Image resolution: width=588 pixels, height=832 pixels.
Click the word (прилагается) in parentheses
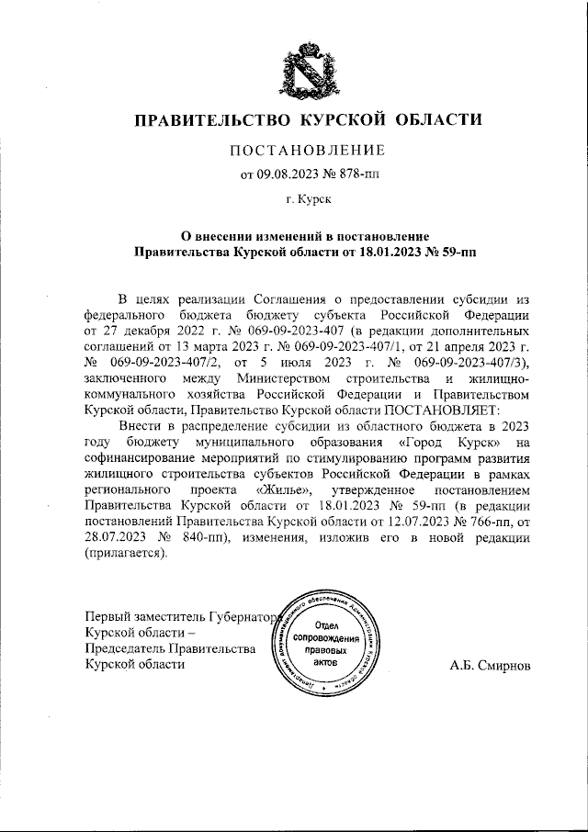tap(126, 553)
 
